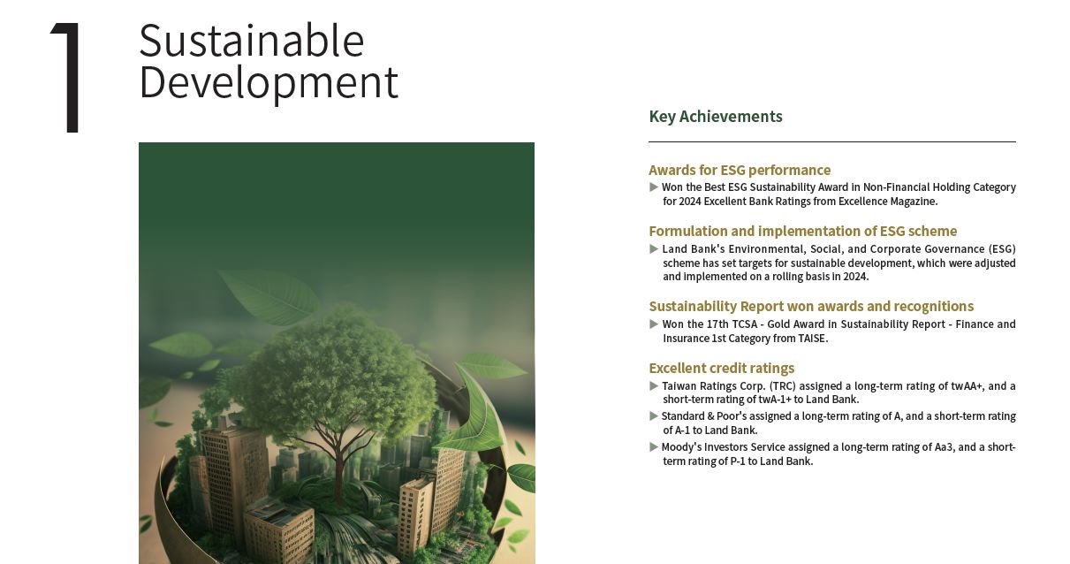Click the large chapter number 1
67,77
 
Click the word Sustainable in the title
252,41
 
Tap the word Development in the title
269,83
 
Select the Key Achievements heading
715,117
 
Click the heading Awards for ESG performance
740,170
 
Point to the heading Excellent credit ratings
721,368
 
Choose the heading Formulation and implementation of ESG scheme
802,232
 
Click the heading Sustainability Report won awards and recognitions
811,307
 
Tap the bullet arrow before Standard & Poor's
654,416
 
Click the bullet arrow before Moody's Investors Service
654,447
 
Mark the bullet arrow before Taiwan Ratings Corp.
654,385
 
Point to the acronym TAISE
812,339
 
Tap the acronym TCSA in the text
745,324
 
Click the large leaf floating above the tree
269,296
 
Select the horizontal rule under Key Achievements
832,142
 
